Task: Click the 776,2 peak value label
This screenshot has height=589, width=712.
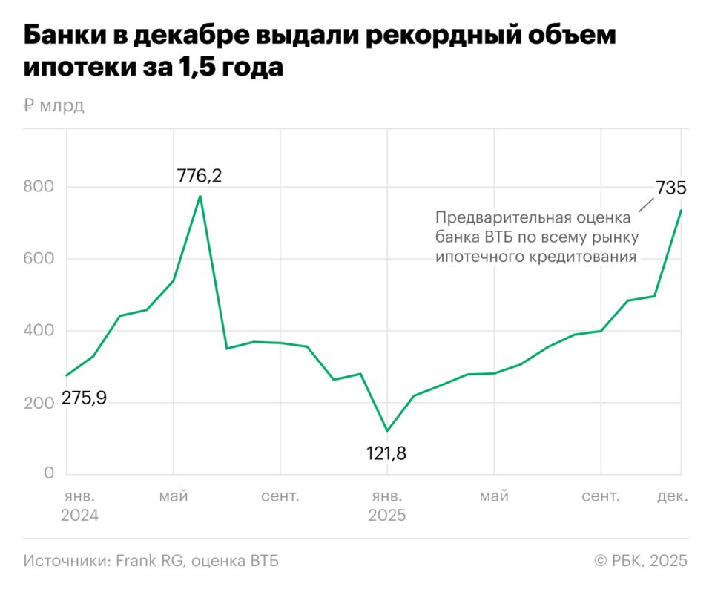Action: (200, 177)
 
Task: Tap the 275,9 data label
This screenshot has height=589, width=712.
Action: (84, 398)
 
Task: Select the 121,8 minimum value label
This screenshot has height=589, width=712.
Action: (386, 452)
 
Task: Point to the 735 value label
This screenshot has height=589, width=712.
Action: (670, 187)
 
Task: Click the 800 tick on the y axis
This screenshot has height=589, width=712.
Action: (38, 186)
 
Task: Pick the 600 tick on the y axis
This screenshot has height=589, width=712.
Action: (38, 258)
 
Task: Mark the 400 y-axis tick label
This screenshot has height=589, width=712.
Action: (38, 330)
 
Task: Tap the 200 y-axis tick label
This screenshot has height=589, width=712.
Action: (38, 402)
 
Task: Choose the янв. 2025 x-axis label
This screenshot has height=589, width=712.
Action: (387, 505)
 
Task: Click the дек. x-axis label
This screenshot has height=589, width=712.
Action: (672, 496)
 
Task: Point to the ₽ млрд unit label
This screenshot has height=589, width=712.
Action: (53, 105)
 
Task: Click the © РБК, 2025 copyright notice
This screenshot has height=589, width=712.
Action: (641, 561)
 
